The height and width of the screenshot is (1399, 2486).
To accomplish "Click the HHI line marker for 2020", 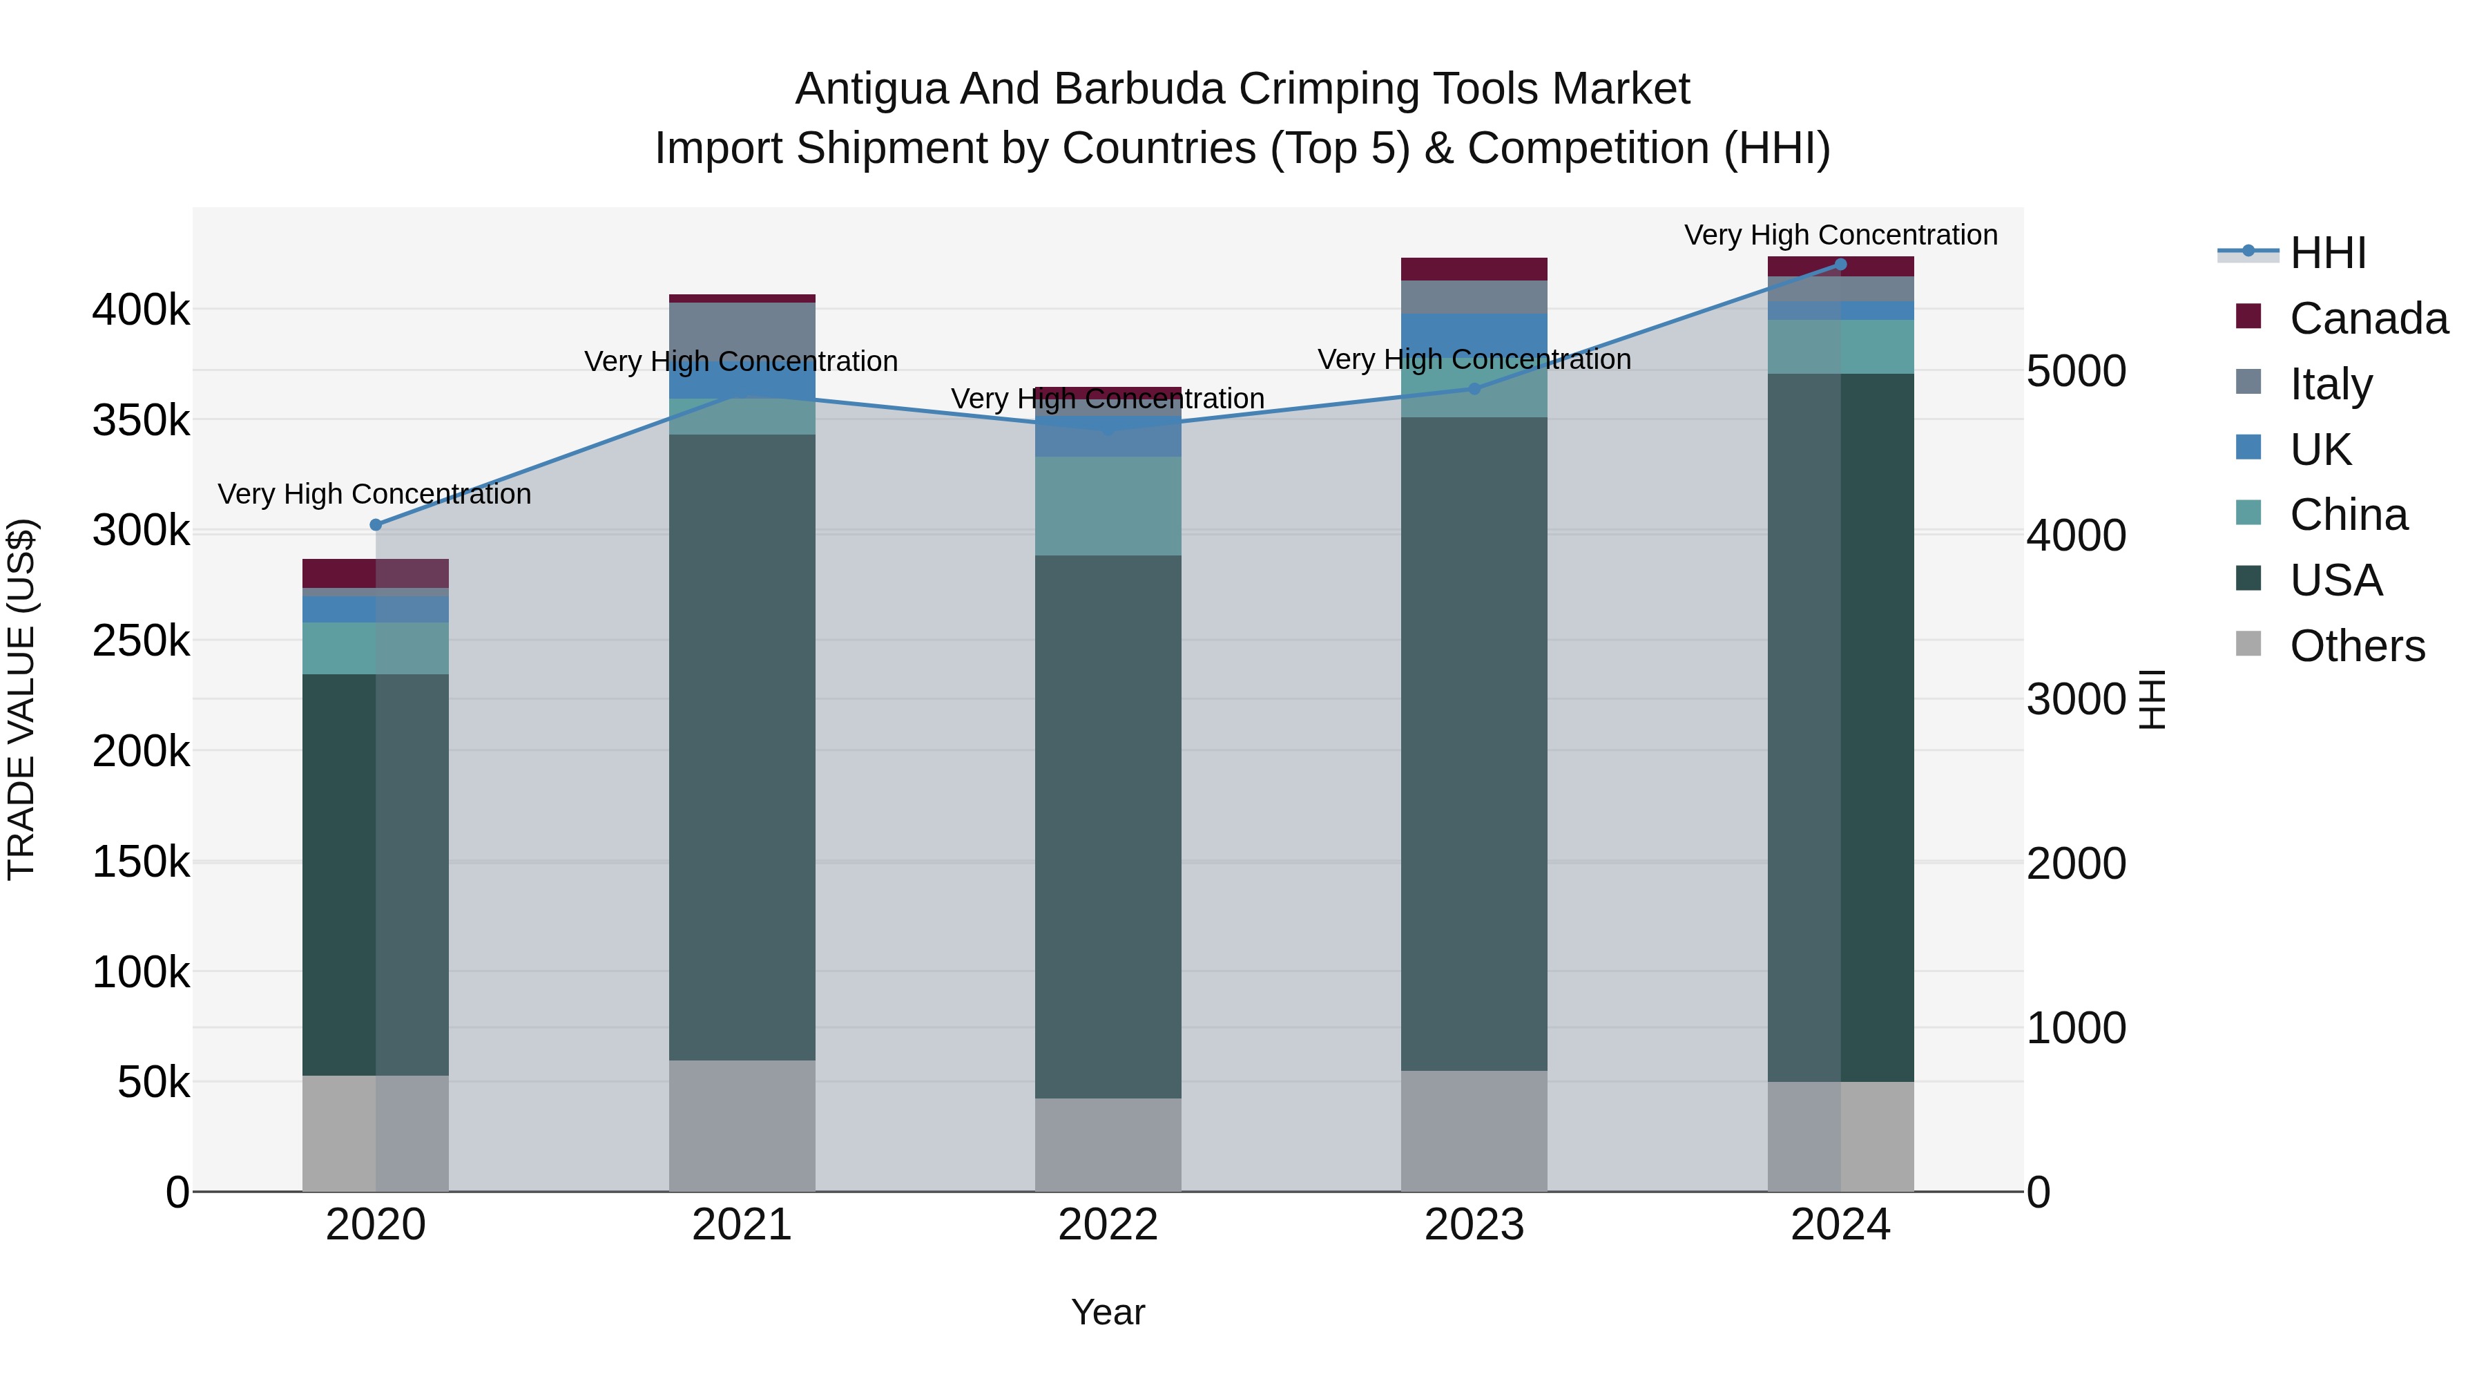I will coord(376,525).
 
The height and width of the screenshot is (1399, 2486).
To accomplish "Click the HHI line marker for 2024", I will coord(1840,265).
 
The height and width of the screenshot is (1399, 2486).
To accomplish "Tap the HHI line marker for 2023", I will coord(1474,389).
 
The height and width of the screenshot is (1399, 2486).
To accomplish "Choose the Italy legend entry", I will coord(2330,384).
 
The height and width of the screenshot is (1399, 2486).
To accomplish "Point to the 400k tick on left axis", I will coord(141,310).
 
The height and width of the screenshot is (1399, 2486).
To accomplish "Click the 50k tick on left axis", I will coord(153,1083).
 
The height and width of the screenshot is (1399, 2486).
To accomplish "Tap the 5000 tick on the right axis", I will coord(2076,371).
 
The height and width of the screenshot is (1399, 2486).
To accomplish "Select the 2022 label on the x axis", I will coord(1107,1225).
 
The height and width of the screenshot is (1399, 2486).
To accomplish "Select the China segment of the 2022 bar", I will coord(1107,506).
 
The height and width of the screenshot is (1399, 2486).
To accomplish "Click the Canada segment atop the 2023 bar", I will coord(1474,269).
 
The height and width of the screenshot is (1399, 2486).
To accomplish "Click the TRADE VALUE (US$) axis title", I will coord(21,699).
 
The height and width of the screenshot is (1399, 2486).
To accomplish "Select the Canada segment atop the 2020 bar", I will coord(376,573).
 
